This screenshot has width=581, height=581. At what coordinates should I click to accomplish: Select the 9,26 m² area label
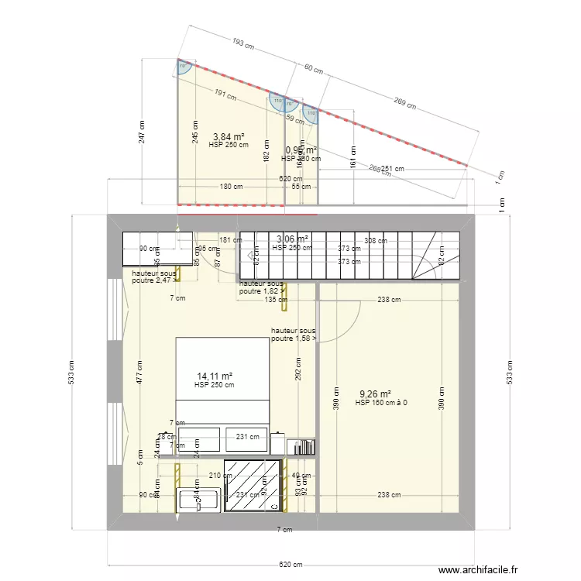coord(375,394)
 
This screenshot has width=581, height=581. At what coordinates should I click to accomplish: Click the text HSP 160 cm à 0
coord(381,403)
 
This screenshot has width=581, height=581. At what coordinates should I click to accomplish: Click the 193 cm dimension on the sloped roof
coord(243,44)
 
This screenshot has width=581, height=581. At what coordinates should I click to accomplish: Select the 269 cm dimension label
coord(405,101)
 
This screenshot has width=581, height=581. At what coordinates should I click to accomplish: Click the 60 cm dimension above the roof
coord(313,70)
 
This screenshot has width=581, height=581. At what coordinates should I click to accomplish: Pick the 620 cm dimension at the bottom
coord(290,564)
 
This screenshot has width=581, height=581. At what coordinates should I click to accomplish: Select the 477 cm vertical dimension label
coord(138,373)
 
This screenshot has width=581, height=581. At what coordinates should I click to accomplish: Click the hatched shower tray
coord(253,485)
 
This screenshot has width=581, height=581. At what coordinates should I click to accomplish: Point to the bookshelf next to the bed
coord(302,446)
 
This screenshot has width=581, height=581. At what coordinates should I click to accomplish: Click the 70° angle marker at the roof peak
coord(184,67)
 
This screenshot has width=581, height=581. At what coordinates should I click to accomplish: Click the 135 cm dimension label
coord(270,300)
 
